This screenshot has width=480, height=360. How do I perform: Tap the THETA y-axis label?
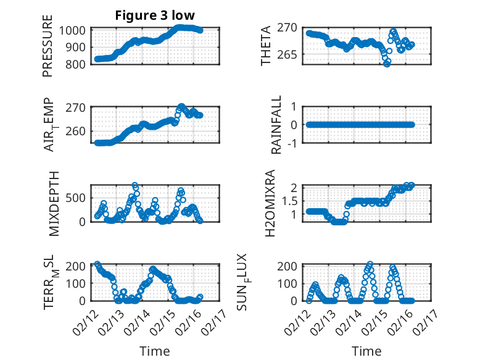266,46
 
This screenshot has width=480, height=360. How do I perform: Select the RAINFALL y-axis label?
276,125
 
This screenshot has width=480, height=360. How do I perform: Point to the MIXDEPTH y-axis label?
53,204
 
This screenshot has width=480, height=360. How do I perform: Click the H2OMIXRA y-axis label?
270,204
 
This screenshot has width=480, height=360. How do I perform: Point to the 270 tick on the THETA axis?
292,28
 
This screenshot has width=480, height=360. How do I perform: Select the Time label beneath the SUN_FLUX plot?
366,351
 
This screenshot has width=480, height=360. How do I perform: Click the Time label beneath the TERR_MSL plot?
151,351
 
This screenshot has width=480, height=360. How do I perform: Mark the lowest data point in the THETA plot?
387,64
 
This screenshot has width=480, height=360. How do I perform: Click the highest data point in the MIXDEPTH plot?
134,185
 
